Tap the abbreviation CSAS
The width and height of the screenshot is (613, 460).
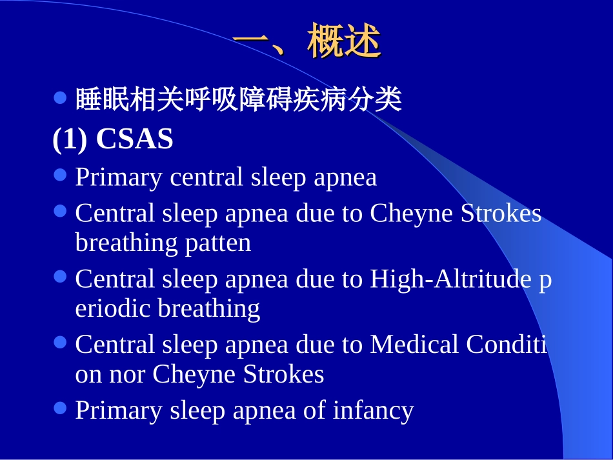coord(134,139)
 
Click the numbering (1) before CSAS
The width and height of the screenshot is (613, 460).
coord(70,139)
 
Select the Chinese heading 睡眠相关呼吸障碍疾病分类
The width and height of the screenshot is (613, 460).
coord(239,100)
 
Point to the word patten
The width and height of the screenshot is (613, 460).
coord(218,243)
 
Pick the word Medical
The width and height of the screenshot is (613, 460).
coord(414,345)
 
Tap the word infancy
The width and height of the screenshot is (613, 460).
coord(373,411)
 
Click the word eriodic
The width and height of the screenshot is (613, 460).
coord(114,309)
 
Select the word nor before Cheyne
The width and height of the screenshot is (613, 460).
coord(129,375)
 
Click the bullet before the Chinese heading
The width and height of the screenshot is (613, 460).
coord(61,99)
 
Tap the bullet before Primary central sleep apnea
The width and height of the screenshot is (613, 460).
coord(61,175)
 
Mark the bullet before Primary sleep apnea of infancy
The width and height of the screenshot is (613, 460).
coord(61,408)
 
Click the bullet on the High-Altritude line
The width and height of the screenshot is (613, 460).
coord(61,277)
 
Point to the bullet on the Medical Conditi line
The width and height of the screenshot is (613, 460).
coord(61,343)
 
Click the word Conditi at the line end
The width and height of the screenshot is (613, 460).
coord(507,345)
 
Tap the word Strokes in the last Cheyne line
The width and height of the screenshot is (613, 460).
coord(283,375)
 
